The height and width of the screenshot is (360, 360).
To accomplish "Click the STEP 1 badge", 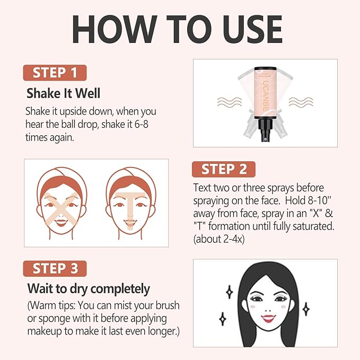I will pyautogui.click(x=55, y=72).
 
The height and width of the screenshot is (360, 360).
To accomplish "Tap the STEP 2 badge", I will pyautogui.click(x=223, y=169).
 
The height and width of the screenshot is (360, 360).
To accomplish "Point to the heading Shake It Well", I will pyautogui.click(x=64, y=94).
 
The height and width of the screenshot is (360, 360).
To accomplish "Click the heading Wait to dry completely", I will pyautogui.click(x=88, y=289).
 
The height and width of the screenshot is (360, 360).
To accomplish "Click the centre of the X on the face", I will pyautogui.click(x=62, y=207).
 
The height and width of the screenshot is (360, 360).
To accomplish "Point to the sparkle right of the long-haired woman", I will pyautogui.click(x=305, y=309).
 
